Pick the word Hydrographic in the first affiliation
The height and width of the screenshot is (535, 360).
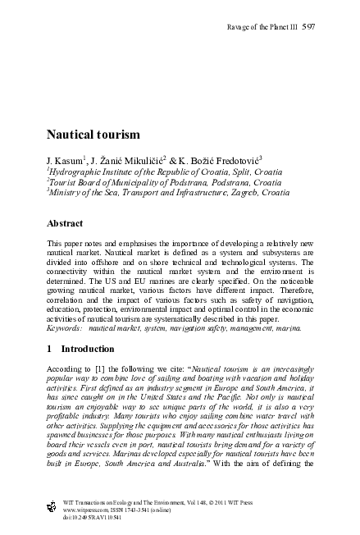click(74, 170)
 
